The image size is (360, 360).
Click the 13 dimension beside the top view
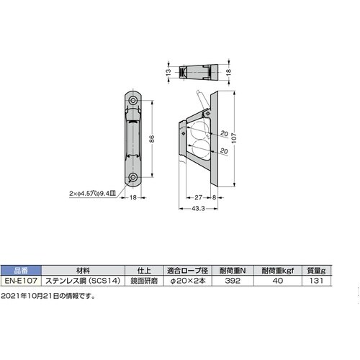[x=168, y=71]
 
